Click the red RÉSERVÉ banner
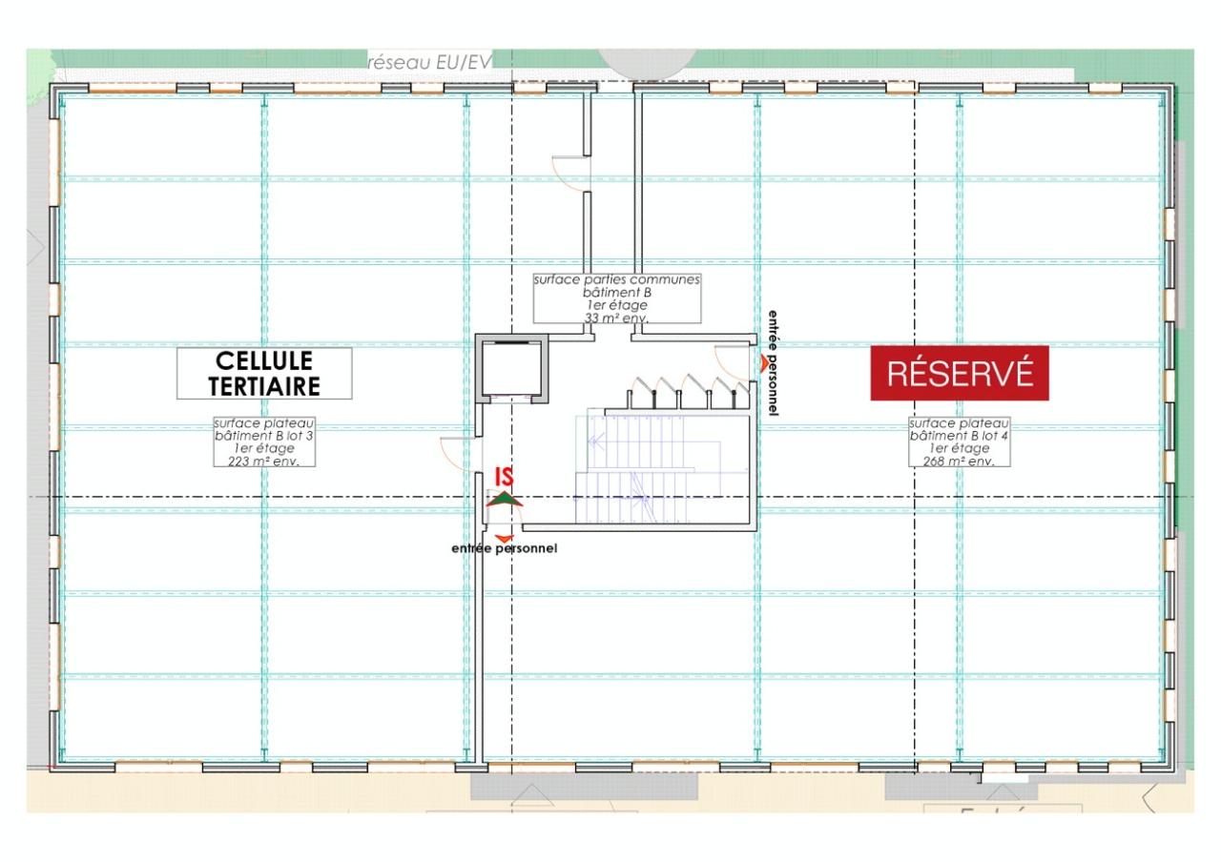click(x=959, y=373)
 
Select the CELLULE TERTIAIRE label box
click(x=264, y=373)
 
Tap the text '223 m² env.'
click(x=264, y=461)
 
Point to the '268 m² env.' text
click(x=959, y=461)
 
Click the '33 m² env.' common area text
click(x=616, y=318)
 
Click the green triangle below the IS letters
click(x=505, y=499)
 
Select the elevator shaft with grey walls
click(x=512, y=367)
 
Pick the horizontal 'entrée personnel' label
click(x=504, y=548)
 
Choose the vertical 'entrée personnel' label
click(x=773, y=362)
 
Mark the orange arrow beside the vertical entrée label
click(x=761, y=361)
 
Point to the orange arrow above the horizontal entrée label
click(x=504, y=538)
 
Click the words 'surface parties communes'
click(x=616, y=280)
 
